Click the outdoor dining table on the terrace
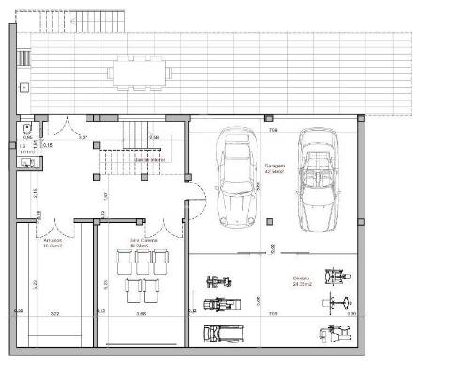click(137, 72)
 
